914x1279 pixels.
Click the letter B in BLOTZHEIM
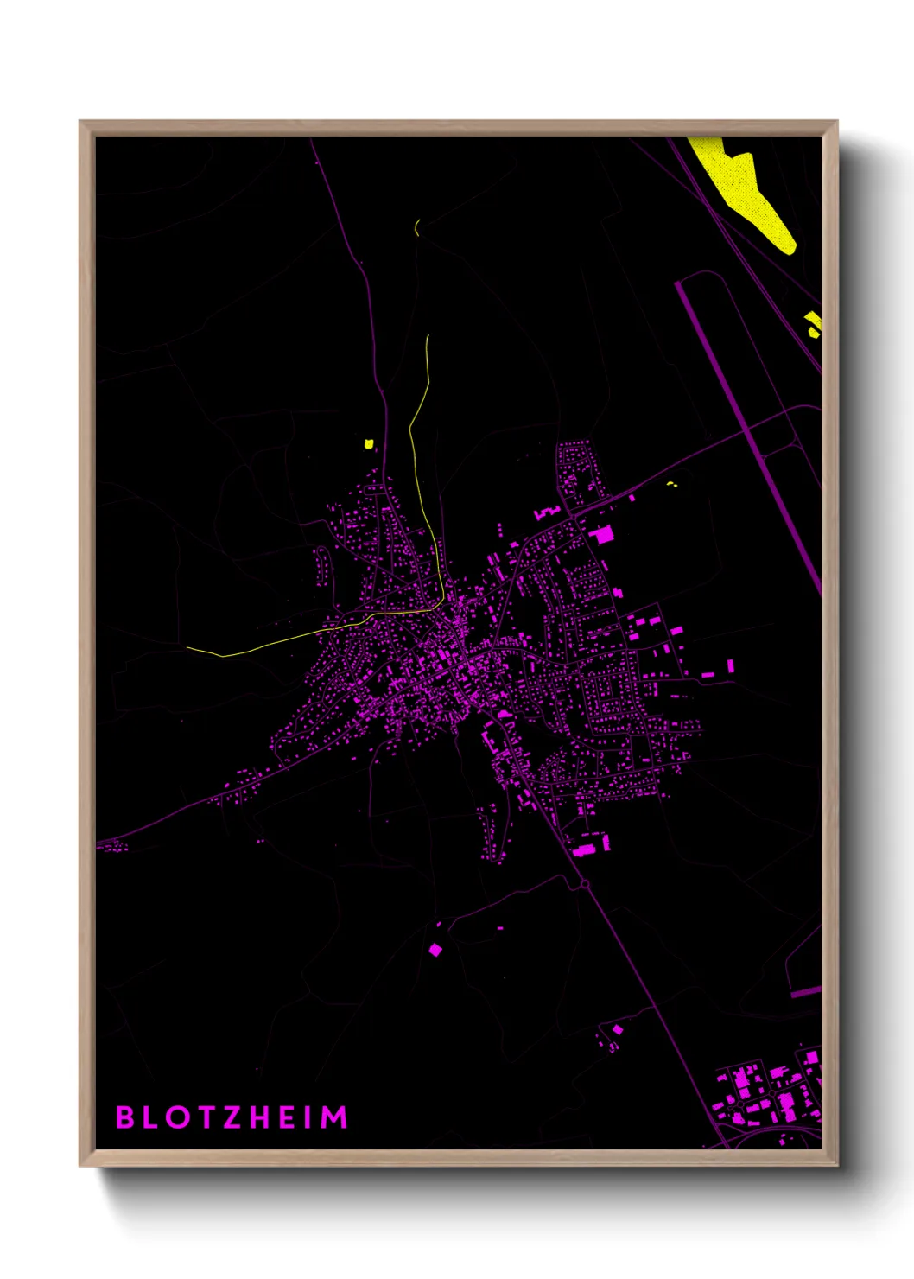click(x=125, y=1117)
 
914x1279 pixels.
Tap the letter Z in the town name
click(x=232, y=1117)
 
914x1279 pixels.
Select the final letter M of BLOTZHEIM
click(x=335, y=1117)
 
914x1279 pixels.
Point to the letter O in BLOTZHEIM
click(x=178, y=1117)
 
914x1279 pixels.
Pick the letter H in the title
click(x=259, y=1117)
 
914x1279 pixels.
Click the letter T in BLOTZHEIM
click(x=206, y=1117)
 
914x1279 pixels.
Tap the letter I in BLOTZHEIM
click(x=308, y=1117)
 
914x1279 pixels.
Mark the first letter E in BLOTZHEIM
click(x=287, y=1117)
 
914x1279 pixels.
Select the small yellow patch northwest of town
click(x=369, y=444)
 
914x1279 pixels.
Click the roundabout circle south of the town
click(x=585, y=883)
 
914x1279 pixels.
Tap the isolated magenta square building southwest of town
click(x=435, y=950)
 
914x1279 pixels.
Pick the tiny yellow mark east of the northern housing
click(x=672, y=484)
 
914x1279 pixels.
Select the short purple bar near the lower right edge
click(x=805, y=992)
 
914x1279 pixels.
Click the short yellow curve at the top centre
click(x=417, y=228)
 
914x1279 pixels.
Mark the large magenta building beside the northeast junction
click(x=602, y=534)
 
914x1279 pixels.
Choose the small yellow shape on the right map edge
click(x=813, y=323)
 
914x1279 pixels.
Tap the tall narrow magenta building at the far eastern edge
click(x=731, y=665)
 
